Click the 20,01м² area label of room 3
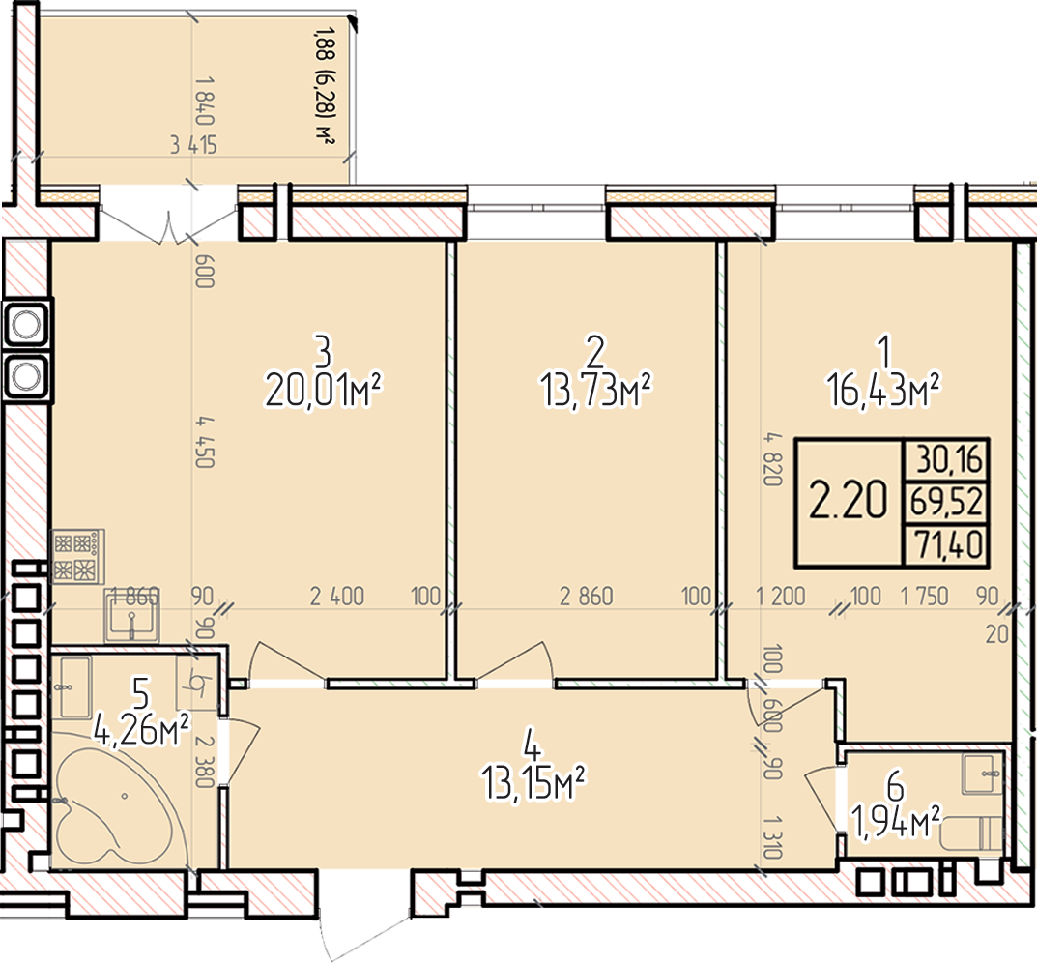pyautogui.click(x=324, y=392)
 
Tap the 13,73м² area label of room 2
pyautogui.click(x=596, y=392)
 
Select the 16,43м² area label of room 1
pyautogui.click(x=883, y=392)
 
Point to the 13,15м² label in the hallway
pyautogui.click(x=533, y=783)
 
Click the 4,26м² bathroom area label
pyautogui.click(x=141, y=730)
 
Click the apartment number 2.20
pyautogui.click(x=848, y=501)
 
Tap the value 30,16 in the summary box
pyautogui.click(x=949, y=459)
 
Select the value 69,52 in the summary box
pyautogui.click(x=947, y=502)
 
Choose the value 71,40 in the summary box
pyautogui.click(x=949, y=544)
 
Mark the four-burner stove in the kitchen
pyautogui.click(x=78, y=556)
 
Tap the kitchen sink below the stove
pyautogui.click(x=131, y=615)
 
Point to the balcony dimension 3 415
pyautogui.click(x=193, y=144)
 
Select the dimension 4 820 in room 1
pyautogui.click(x=772, y=459)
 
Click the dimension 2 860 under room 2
pyautogui.click(x=586, y=597)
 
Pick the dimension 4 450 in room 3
pyautogui.click(x=204, y=441)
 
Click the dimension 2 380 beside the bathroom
pyautogui.click(x=204, y=762)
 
